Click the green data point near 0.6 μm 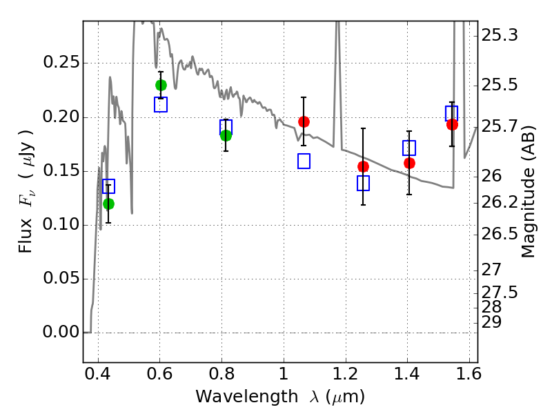[161, 85]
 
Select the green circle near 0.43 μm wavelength [108, 204]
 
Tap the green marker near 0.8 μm [226, 135]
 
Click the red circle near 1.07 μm [304, 121]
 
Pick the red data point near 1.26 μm [363, 166]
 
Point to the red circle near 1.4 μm [409, 163]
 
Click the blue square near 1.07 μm [304, 161]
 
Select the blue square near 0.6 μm [161, 105]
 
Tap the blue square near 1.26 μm [363, 183]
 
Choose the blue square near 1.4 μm [409, 148]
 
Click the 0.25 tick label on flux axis [60, 63]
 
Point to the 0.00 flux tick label [60, 333]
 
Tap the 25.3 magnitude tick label [499, 34]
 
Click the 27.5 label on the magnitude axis [499, 292]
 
